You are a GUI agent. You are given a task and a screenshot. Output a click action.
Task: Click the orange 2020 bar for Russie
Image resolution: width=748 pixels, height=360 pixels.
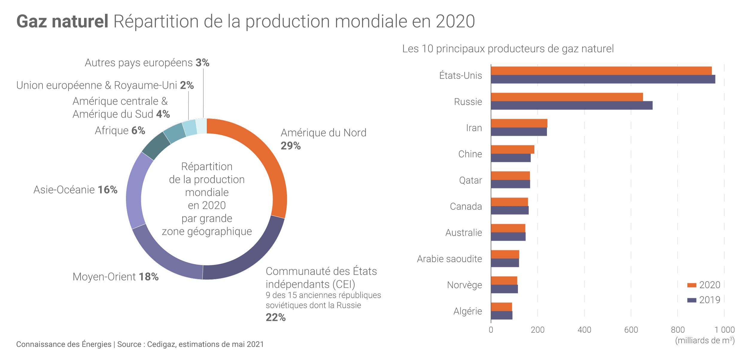567,97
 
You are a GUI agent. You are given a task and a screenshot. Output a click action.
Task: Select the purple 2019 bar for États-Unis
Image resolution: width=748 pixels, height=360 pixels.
603,79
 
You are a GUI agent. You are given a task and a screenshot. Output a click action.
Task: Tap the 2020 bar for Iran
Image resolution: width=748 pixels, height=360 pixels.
519,123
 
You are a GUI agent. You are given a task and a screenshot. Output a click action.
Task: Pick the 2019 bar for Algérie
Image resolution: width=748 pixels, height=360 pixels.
502,315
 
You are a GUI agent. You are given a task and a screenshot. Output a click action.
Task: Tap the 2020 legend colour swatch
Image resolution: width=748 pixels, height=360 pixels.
692,285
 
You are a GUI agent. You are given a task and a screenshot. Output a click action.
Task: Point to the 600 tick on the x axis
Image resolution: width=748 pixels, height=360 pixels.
631,330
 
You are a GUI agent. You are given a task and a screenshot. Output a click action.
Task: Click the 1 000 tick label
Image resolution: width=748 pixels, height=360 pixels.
724,330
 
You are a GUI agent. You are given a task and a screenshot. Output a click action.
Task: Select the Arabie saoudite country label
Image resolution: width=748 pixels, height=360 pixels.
449,259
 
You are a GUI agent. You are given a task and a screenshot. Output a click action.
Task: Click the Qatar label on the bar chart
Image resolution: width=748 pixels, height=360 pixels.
470,180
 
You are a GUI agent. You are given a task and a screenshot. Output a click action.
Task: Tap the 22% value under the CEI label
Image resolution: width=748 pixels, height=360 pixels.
276,318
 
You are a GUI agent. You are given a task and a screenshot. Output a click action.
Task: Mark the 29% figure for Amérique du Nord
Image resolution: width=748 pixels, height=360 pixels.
291,146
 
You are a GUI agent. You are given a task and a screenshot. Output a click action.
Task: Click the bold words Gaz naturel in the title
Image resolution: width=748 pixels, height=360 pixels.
62,22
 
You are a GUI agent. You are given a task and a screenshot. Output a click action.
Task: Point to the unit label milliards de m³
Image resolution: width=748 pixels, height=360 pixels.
705,341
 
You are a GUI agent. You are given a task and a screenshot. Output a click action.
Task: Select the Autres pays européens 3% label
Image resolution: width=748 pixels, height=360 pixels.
147,63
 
